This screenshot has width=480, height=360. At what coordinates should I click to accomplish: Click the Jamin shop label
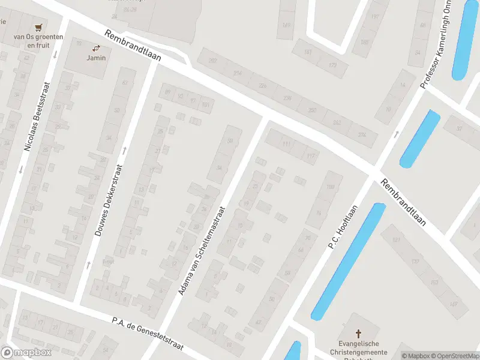pos(96,58)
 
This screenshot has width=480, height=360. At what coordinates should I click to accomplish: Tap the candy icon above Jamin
pos(96,48)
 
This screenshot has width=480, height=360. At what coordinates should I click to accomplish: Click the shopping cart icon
pos(39,27)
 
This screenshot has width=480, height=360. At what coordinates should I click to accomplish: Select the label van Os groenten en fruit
pos(39,41)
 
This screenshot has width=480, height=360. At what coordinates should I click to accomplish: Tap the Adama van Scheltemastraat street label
pos(201,251)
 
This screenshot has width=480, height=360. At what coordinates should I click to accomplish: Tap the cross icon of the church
pos(359,334)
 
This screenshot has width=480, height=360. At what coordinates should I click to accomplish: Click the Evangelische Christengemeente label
pos(359,348)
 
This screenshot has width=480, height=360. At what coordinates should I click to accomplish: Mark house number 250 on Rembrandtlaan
pos(312,110)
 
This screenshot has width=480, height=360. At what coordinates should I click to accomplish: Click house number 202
pos(212,61)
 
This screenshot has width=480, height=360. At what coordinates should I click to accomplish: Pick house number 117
pos(310,157)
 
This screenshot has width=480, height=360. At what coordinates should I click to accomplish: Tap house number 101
pos(205,106)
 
